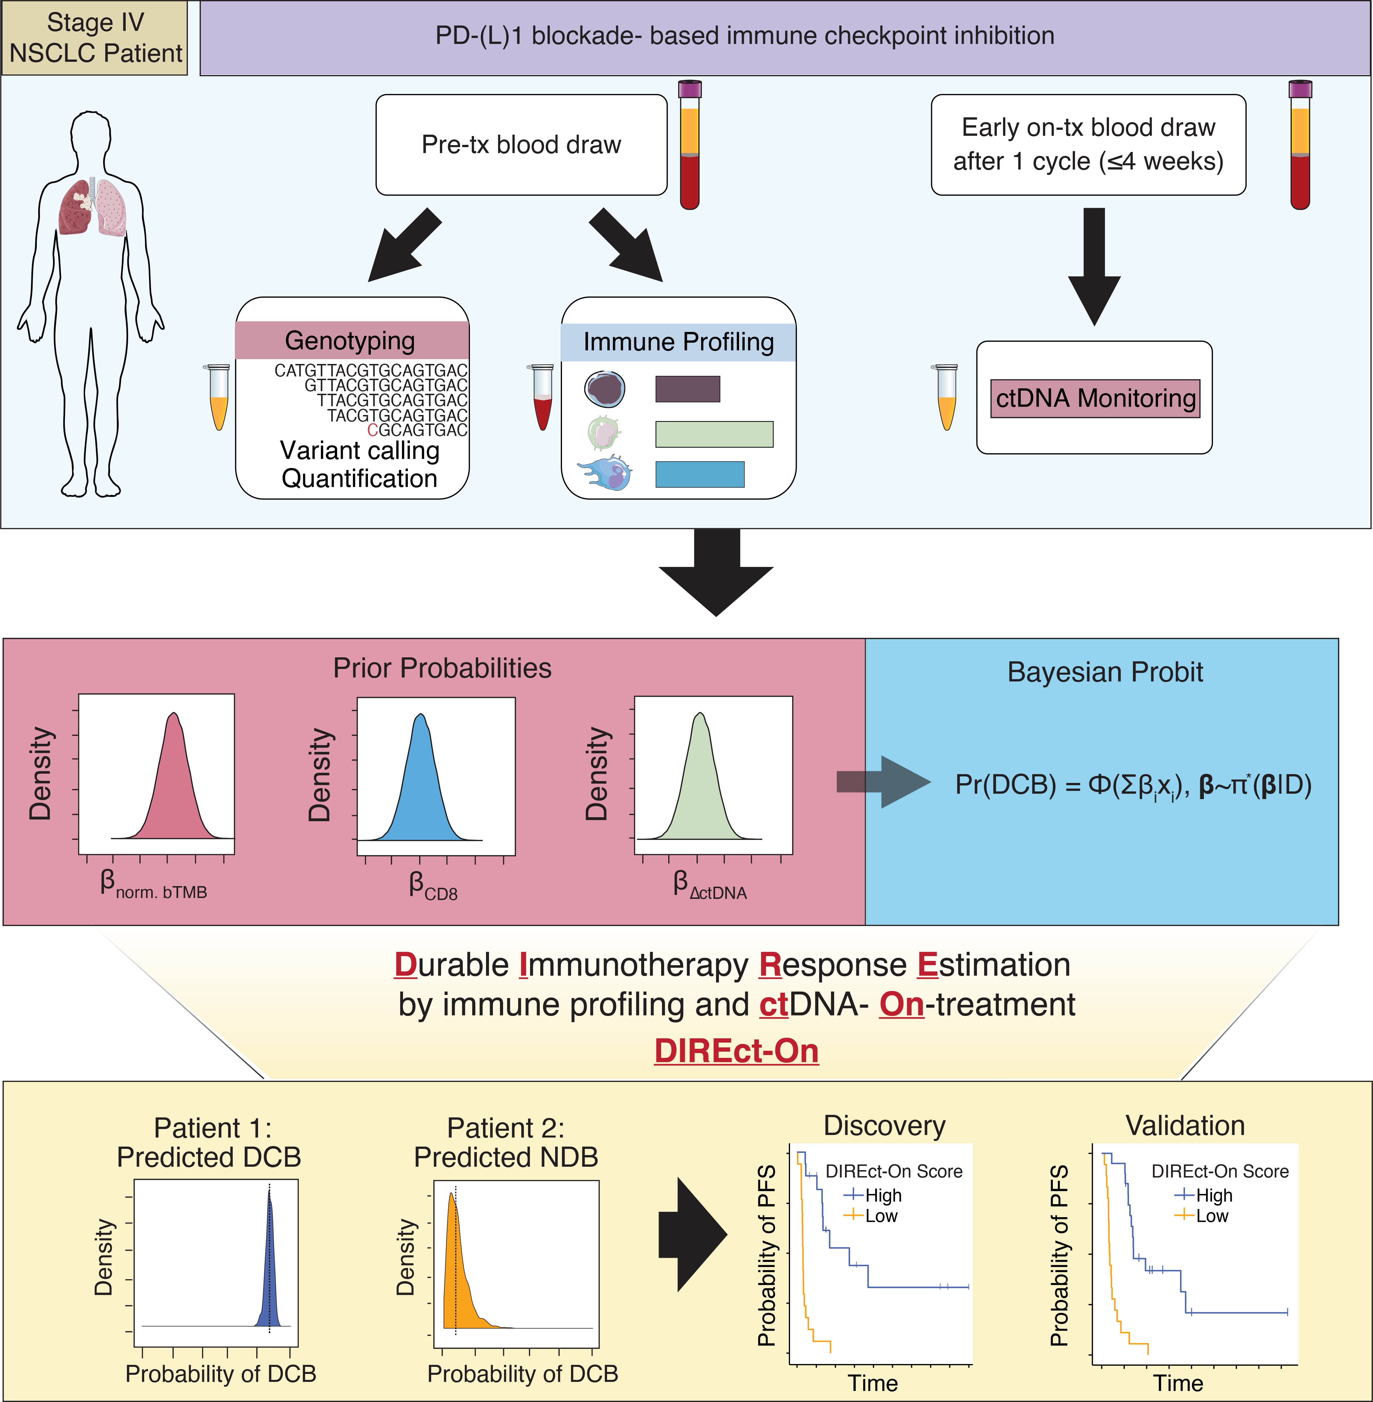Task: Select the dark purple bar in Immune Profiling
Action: (x=687, y=389)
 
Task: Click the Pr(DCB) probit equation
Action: (x=1132, y=785)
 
